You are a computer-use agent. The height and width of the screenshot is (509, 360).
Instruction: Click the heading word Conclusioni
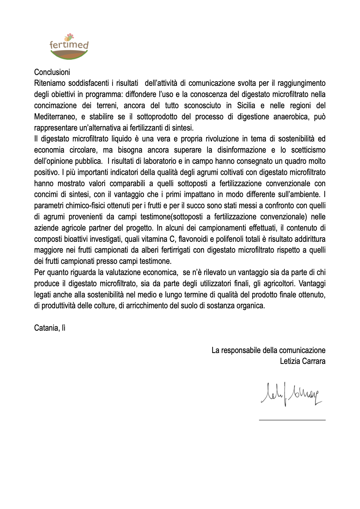52,72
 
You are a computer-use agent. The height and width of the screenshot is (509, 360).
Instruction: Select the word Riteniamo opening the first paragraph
50,83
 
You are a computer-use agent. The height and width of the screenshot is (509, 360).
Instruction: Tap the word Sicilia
246,105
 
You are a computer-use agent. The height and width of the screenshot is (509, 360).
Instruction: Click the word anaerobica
291,117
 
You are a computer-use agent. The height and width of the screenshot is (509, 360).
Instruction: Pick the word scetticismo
308,150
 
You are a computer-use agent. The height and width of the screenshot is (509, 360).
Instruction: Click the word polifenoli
230,239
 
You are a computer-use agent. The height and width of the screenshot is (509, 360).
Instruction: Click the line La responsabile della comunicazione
268,350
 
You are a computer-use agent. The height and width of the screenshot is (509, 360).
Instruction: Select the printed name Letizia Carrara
303,361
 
